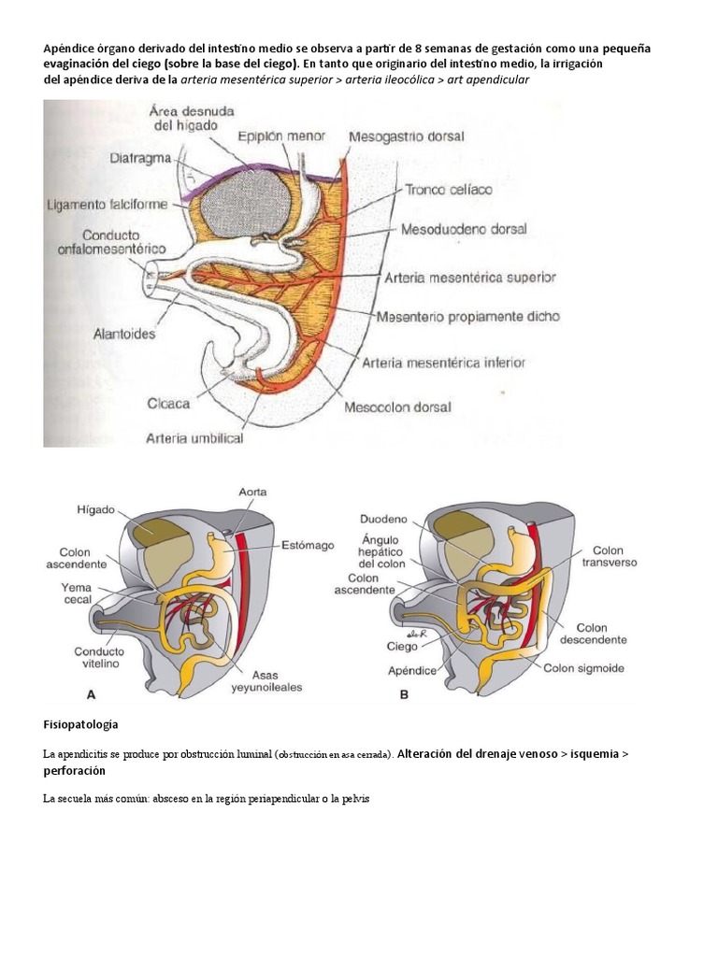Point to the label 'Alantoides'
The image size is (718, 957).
coord(124,332)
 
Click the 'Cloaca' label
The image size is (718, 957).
coord(168,404)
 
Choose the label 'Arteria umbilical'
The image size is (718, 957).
coord(194,436)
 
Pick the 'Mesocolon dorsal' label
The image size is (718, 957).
coord(397,407)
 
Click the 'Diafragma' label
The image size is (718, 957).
coord(139,158)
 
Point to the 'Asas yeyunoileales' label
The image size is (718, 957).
coord(269,679)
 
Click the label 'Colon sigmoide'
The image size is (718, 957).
coord(586,668)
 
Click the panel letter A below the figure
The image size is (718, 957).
coord(91,695)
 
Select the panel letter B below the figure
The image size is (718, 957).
coord(404,695)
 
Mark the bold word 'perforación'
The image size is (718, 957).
coord(74,771)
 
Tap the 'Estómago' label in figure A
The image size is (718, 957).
coord(307,545)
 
